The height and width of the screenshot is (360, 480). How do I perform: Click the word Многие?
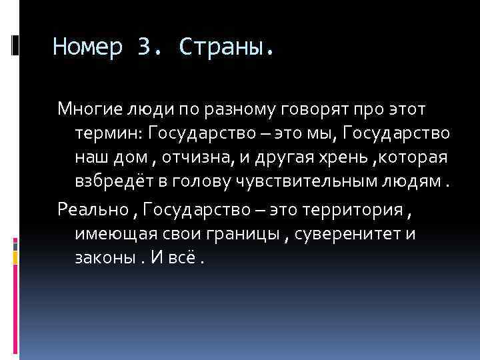(x=83, y=109)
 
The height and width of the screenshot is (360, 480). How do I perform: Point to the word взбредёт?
(x=108, y=183)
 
